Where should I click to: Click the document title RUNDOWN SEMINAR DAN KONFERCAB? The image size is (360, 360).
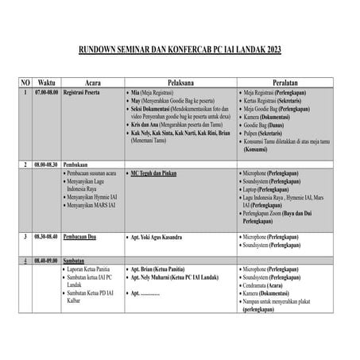pyautogui.click(x=180, y=50)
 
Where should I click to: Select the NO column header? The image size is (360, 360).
pyautogui.click(x=25, y=83)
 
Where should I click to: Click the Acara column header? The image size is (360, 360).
pyautogui.click(x=98, y=83)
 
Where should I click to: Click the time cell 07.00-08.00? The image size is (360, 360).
pyautogui.click(x=47, y=92)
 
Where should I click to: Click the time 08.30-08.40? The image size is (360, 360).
pyautogui.click(x=47, y=237)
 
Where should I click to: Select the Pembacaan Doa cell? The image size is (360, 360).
pyautogui.click(x=83, y=237)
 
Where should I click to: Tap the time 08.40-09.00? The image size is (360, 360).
pyautogui.click(x=47, y=260)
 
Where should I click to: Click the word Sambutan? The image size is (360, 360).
pyautogui.click(x=76, y=260)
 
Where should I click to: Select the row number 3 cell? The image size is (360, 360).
pyautogui.click(x=25, y=237)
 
